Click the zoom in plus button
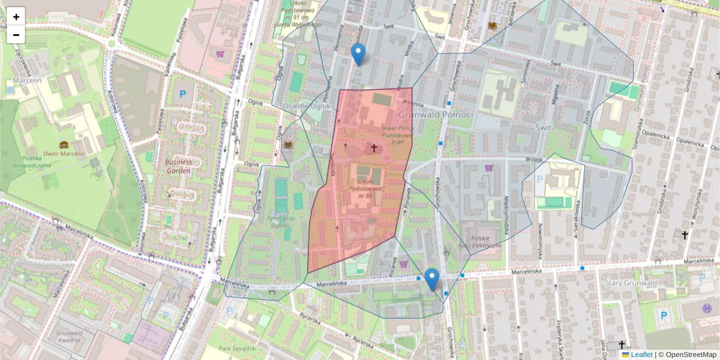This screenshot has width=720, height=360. click(x=16, y=17)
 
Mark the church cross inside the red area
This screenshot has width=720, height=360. click(x=374, y=148)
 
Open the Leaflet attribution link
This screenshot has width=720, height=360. click(x=641, y=355)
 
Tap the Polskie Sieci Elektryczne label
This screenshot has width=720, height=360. click(x=480, y=242)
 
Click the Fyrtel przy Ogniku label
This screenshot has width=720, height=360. click(x=284, y=221)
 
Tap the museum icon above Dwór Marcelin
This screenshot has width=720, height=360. click(x=64, y=145)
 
